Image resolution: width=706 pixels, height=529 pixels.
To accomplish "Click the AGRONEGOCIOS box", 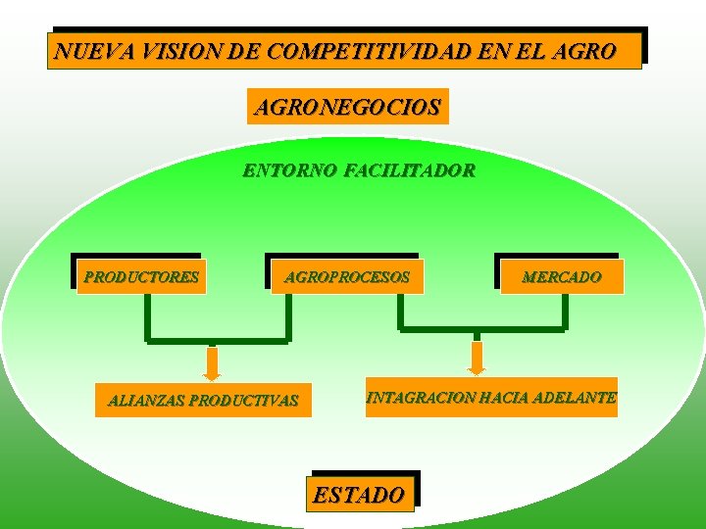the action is [x=347, y=107].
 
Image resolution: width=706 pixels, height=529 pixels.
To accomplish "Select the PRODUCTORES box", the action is [x=141, y=277].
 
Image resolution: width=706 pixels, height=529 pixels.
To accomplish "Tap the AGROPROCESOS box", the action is [x=346, y=277].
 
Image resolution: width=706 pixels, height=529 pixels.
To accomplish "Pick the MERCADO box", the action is [x=561, y=277].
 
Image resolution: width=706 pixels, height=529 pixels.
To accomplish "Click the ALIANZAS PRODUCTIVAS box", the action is [x=203, y=400].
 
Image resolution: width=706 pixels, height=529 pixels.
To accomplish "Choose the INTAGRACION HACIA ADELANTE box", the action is [x=491, y=398].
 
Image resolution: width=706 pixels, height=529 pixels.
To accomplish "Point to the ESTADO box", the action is [x=358, y=495].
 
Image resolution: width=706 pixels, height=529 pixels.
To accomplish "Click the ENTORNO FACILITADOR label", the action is [x=359, y=171].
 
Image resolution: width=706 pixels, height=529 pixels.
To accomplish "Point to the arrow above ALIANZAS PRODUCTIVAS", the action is [x=212, y=361].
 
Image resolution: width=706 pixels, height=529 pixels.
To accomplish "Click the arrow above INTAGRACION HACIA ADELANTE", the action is [x=477, y=358].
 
